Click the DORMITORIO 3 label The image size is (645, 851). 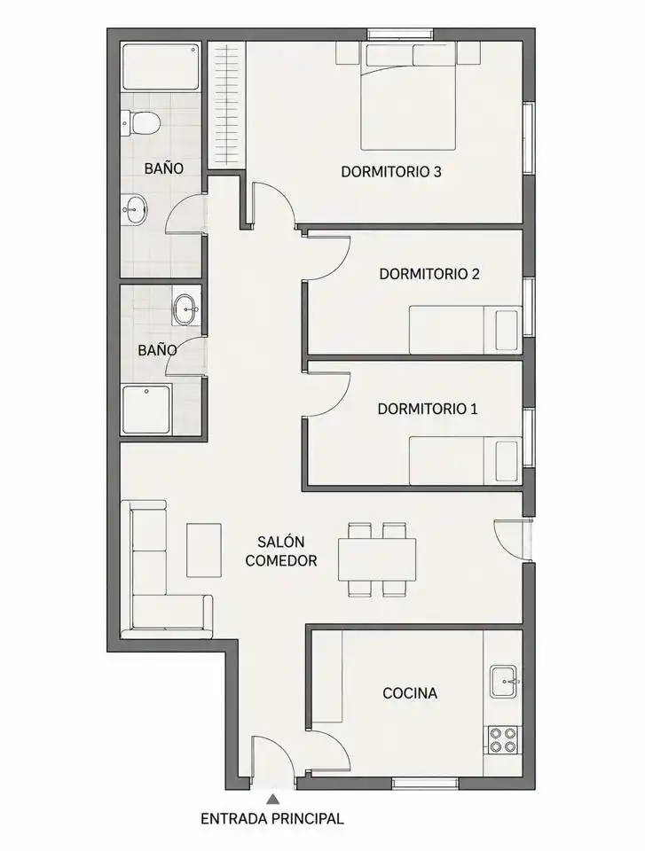click(390, 171)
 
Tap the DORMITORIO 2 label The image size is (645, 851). click(429, 274)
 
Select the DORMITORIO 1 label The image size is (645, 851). click(427, 409)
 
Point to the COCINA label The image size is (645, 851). click(410, 693)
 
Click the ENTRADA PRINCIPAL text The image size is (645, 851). click(272, 818)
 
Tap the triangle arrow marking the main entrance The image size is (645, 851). click(273, 799)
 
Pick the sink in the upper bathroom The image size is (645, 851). click(135, 209)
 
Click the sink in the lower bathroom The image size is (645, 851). click(186, 310)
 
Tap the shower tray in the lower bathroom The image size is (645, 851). click(146, 410)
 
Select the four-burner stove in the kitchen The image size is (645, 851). click(503, 740)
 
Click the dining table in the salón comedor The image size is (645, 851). click(377, 559)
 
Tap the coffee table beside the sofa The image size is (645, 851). click(204, 550)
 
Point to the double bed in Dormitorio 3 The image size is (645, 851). click(408, 97)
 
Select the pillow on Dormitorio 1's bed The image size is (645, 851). click(507, 461)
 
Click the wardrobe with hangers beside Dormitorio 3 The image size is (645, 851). click(227, 105)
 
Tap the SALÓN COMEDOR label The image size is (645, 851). click(281, 550)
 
